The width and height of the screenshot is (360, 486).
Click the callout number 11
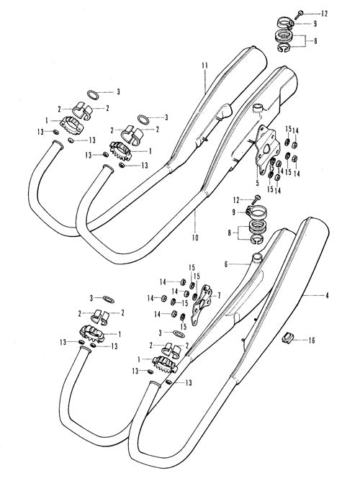(204, 66)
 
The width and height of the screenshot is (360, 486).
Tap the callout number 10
(195, 238)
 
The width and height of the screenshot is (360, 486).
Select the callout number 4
(327, 296)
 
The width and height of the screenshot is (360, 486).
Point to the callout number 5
(257, 183)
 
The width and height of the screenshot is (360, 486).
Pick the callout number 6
(226, 264)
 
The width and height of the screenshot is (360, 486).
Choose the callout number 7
(219, 296)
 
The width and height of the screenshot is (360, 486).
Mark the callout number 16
(312, 341)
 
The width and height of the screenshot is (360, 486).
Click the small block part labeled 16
(287, 338)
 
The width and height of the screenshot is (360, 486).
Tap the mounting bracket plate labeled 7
(202, 305)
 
